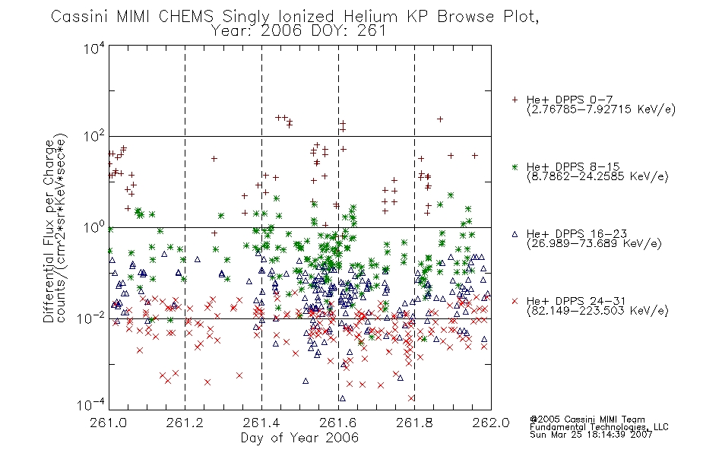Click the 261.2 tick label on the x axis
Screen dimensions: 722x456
pos(185,423)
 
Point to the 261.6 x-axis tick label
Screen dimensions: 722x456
pos(338,423)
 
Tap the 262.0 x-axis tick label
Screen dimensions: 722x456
pos(491,423)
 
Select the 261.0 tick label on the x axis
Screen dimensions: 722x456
pos(109,423)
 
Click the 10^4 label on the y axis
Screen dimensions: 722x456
pos(94,48)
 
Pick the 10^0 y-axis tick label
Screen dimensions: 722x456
pos(94,227)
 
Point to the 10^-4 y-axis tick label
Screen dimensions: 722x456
pos(91,404)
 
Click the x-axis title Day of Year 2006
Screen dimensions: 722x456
pos(299,438)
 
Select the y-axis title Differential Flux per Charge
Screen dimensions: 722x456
pos(49,231)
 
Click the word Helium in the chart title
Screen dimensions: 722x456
pos(371,17)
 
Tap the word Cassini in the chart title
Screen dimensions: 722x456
pos(79,17)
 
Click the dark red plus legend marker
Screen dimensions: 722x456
pos(515,100)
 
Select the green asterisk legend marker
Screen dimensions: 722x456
pos(515,166)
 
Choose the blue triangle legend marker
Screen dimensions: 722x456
pos(515,234)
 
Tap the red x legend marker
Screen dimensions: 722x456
pos(515,301)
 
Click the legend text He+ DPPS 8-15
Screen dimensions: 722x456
pos(573,166)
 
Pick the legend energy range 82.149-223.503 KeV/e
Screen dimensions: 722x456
pos(597,311)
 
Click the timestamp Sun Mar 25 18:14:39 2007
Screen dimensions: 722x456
pos(591,435)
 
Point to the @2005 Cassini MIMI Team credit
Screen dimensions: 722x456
pos(587,420)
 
